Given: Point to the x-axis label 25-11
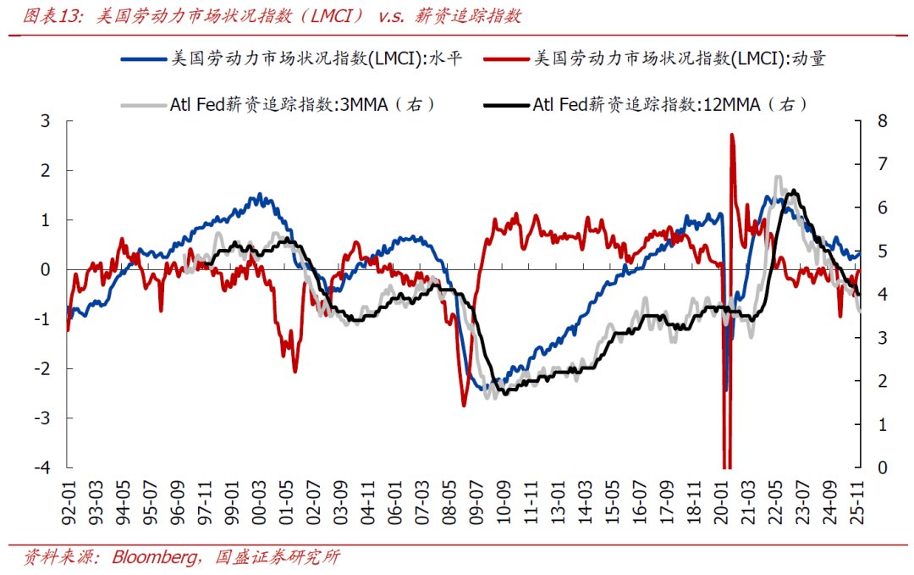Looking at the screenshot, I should coord(859,499).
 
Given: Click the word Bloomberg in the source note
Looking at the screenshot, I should coord(152,556).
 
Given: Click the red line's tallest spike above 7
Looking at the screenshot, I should coord(732,135).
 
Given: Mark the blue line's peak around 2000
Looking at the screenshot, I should coord(259,195).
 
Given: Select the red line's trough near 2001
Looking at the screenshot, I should coord(295,371).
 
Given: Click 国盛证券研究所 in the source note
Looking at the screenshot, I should coord(278,556).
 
